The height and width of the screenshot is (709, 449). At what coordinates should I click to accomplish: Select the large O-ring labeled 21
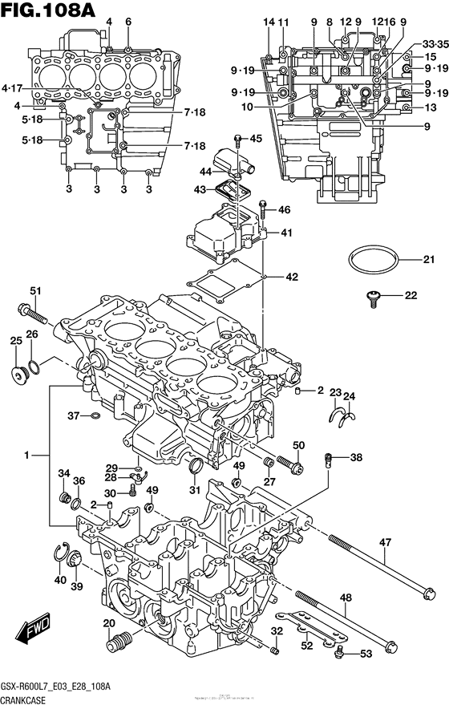pos(374,260)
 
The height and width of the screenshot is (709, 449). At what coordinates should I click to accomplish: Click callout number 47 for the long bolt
pos(386,543)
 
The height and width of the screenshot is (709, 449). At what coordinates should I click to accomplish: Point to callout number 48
pos(346,598)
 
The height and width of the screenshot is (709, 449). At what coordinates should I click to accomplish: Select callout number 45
pos(256,139)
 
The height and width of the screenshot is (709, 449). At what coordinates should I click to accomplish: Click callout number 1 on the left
pos(26,455)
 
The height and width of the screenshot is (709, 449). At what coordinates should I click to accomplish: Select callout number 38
pos(356,458)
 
